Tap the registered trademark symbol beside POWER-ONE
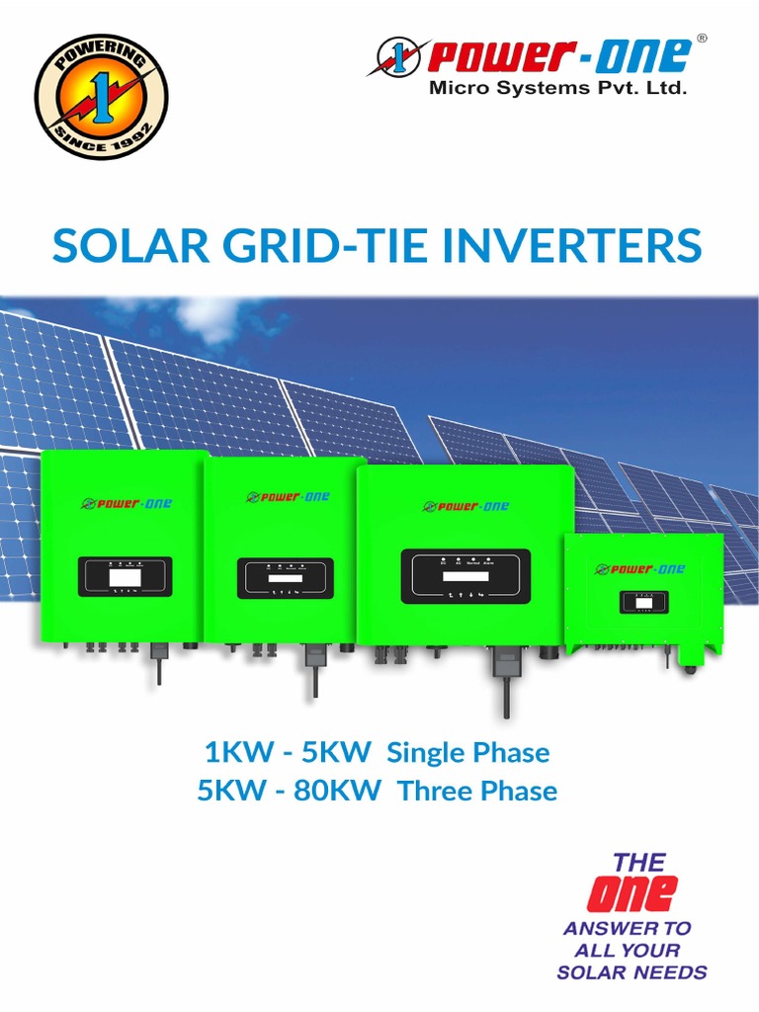(702, 39)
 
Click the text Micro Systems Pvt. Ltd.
(556, 88)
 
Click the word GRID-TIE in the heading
(318, 245)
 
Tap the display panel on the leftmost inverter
(125, 576)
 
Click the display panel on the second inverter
(285, 578)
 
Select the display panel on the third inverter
(464, 575)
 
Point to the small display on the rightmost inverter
(643, 601)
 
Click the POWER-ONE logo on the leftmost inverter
(125, 503)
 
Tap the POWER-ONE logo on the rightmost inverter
(639, 568)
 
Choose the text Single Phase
(467, 753)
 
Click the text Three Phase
(477, 791)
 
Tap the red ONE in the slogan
(632, 893)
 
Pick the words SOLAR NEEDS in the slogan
(632, 972)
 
